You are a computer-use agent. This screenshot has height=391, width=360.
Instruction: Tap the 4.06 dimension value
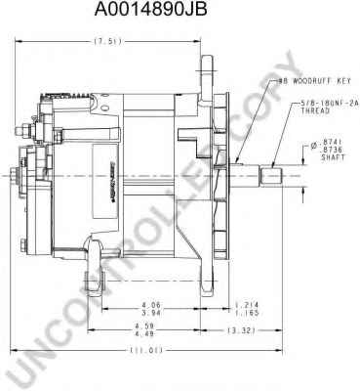(x=150, y=305)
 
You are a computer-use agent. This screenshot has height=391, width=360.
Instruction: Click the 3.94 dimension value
(x=150, y=313)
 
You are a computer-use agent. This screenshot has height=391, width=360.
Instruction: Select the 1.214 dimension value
(x=248, y=305)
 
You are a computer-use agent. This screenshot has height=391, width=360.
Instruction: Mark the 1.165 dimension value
(x=248, y=313)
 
